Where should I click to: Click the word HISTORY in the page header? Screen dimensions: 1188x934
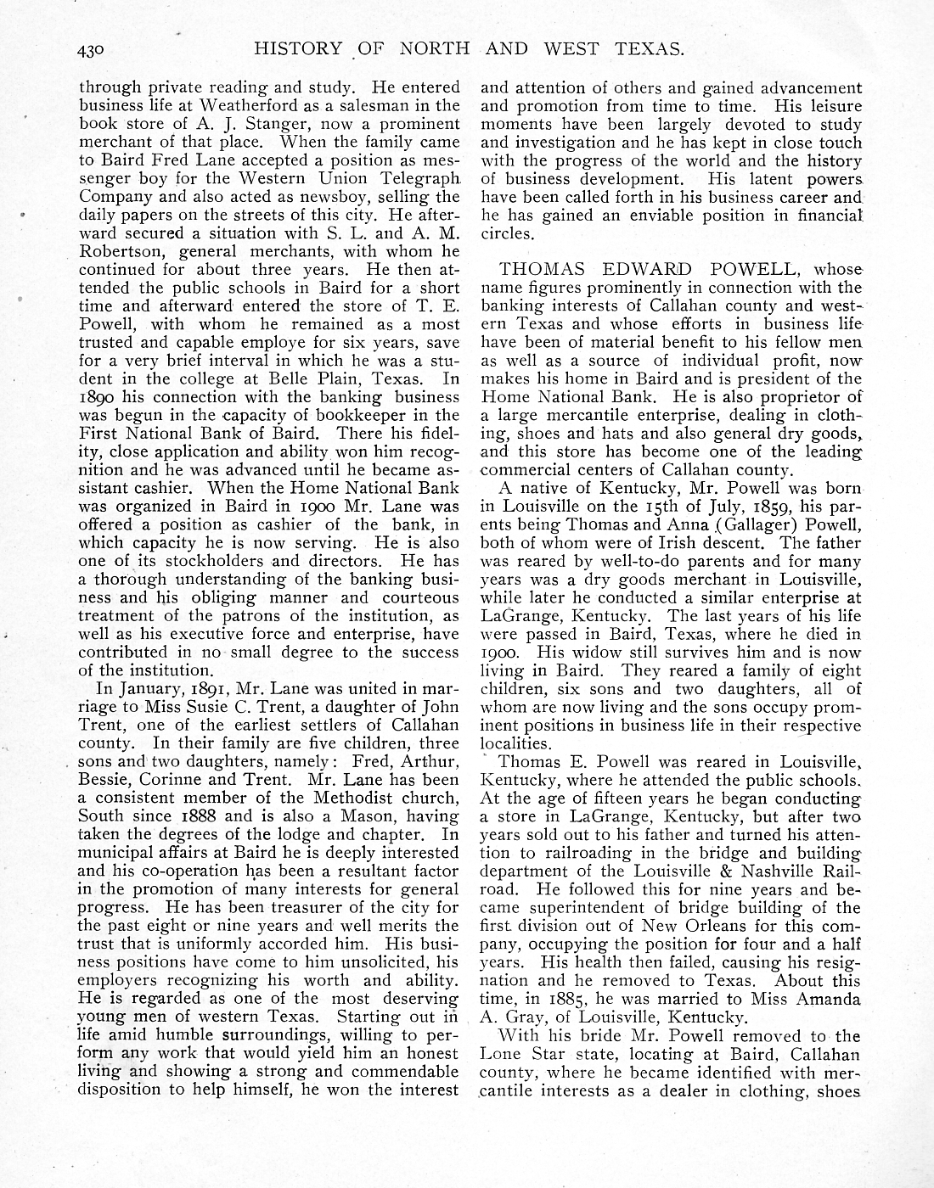pyautogui.click(x=299, y=49)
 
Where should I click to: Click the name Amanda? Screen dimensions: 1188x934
pyautogui.click(x=824, y=1000)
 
